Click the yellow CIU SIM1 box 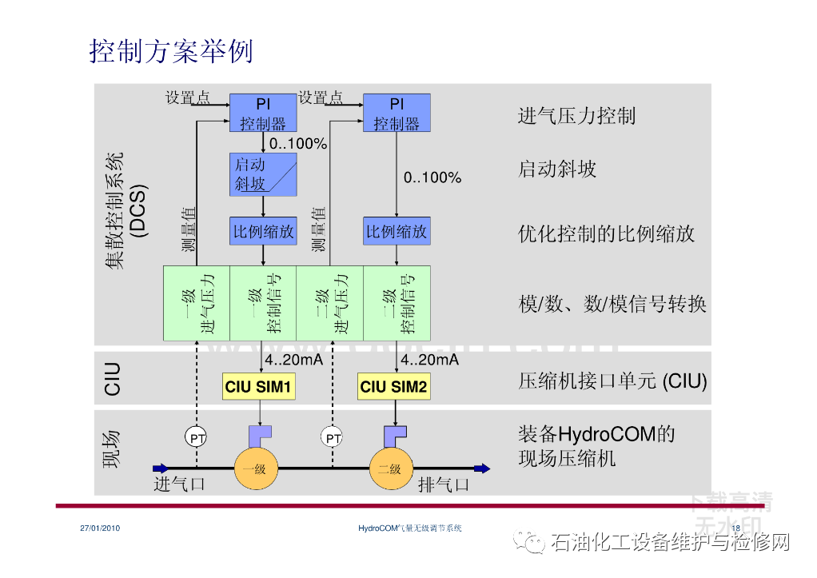click(260, 388)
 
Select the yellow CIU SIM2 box click(393, 388)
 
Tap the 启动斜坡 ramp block click(263, 174)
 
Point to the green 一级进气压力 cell click(197, 303)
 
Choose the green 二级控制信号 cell click(397, 303)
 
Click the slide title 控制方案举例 click(171, 50)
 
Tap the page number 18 click(736, 528)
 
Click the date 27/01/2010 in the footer click(100, 528)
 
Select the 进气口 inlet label click(180, 484)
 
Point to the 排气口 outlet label click(444, 484)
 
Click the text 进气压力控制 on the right click(576, 116)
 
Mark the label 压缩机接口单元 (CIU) click(612, 381)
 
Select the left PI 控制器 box click(263, 113)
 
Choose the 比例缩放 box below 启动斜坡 click(263, 232)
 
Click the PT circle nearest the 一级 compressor click(197, 437)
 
